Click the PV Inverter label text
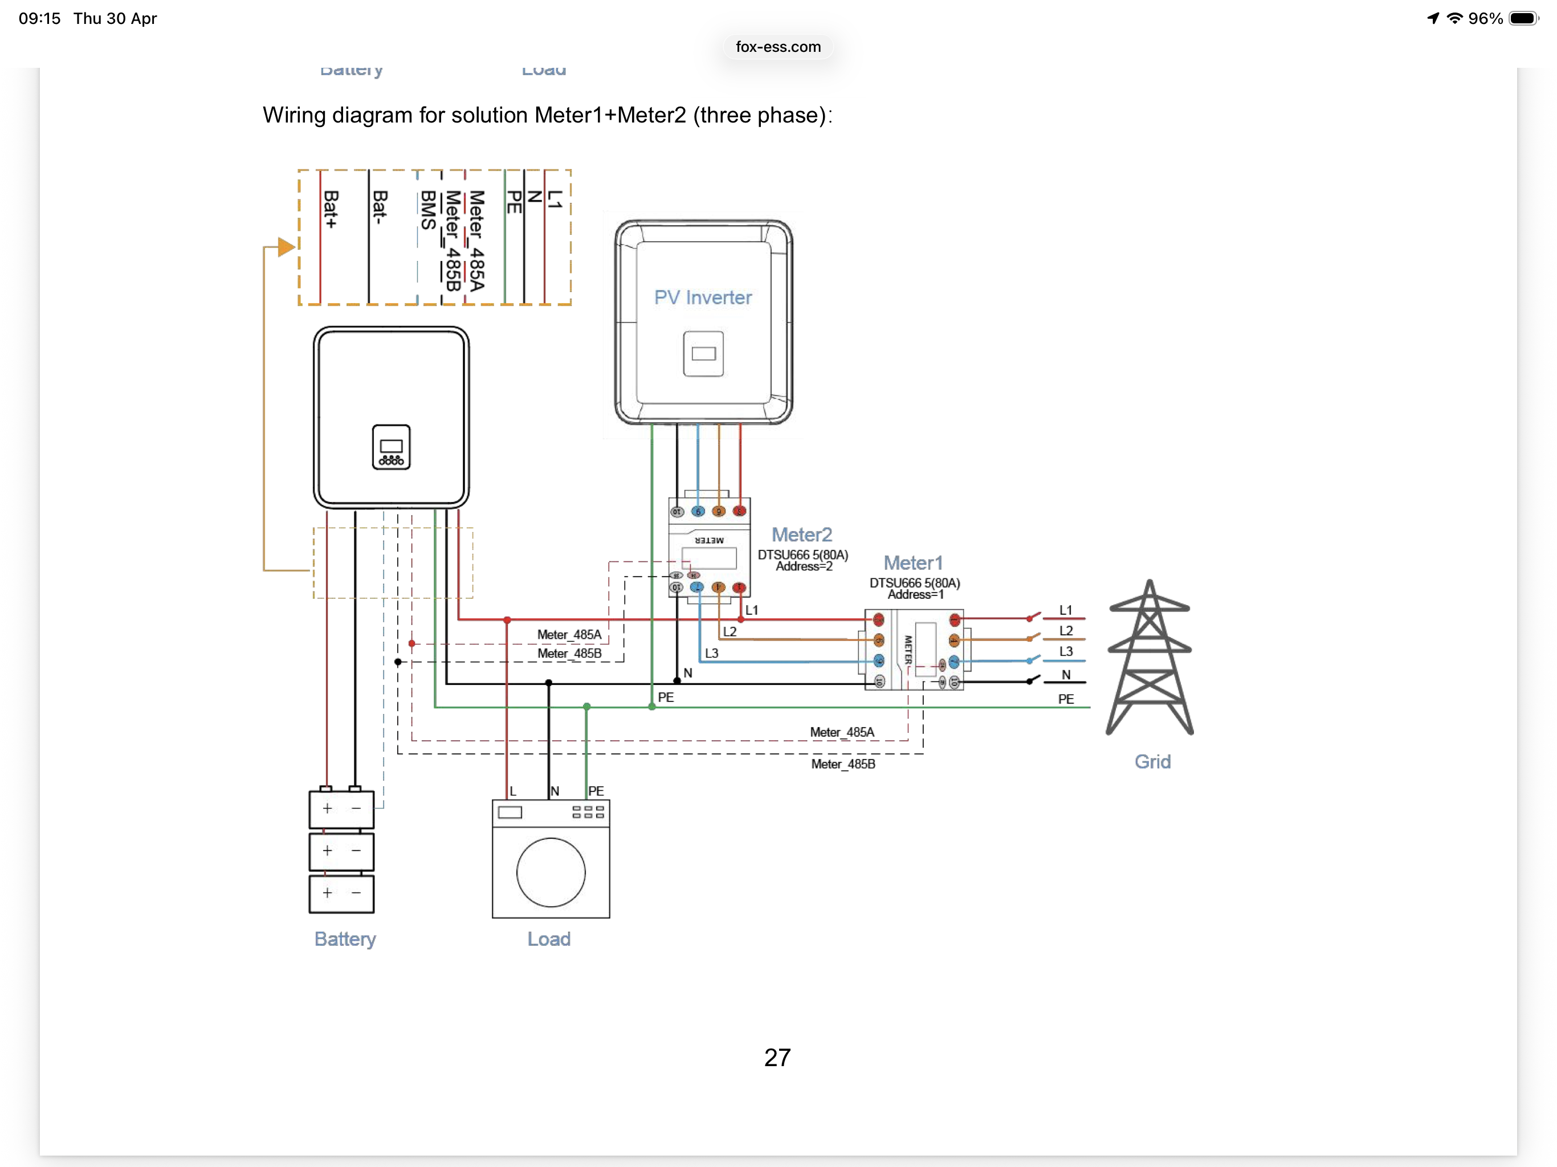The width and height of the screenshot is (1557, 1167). click(703, 297)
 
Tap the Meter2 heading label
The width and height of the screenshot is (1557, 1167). click(801, 535)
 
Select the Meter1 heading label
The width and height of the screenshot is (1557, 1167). click(912, 563)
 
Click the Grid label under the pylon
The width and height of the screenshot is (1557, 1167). click(1152, 762)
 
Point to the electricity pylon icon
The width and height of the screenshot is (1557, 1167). click(1150, 658)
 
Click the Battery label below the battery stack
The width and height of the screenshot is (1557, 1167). click(345, 939)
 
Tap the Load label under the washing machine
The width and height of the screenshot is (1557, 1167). click(549, 939)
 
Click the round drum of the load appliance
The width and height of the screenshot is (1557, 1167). click(551, 872)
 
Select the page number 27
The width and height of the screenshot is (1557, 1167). click(777, 1057)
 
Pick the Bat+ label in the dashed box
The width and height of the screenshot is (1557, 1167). click(330, 210)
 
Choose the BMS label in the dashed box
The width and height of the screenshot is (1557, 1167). click(427, 210)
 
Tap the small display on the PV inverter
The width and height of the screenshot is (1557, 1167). click(703, 353)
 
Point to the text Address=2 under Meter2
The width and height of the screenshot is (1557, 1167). click(804, 566)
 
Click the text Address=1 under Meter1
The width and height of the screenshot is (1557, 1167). click(915, 595)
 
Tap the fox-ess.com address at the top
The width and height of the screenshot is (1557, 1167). click(778, 47)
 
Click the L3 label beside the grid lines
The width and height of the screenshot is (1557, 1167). click(1066, 652)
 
